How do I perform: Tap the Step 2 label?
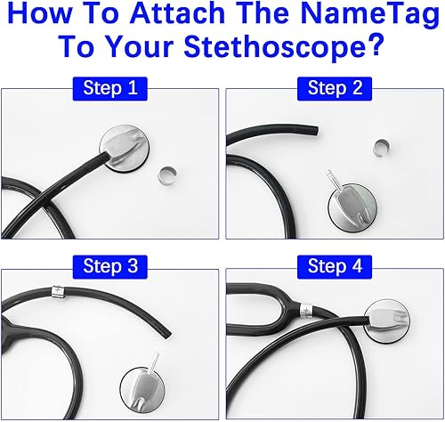[x=333, y=88]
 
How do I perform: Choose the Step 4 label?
[x=333, y=264]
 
